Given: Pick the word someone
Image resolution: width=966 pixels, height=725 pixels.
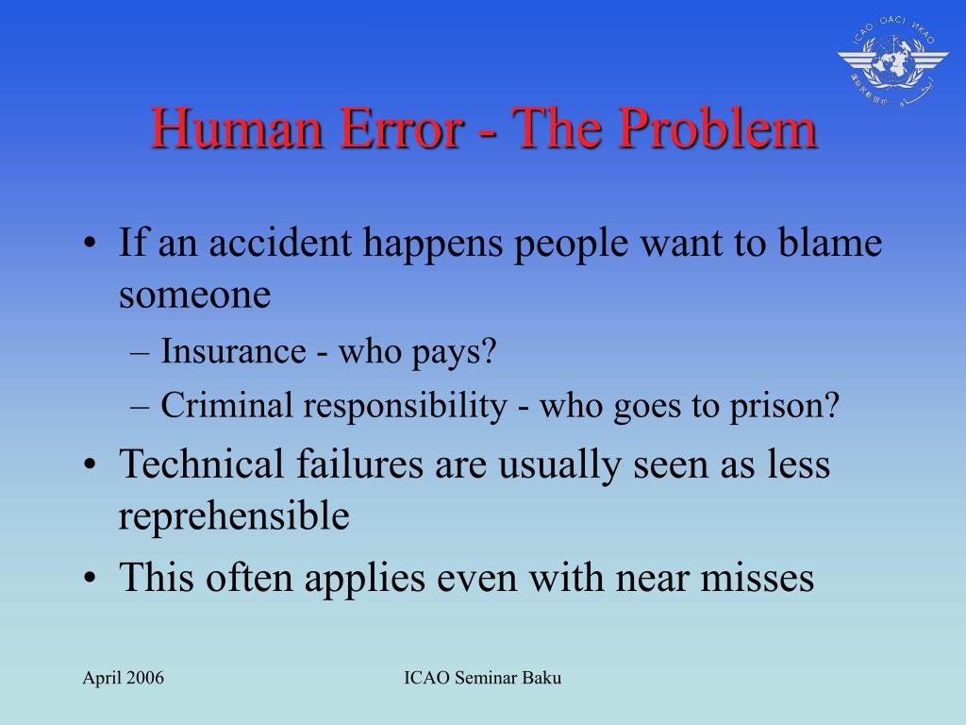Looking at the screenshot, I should [194, 295].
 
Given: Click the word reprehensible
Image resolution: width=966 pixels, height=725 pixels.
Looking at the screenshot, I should [234, 516].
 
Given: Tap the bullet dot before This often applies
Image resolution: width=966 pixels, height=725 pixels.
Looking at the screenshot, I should [90, 578].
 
